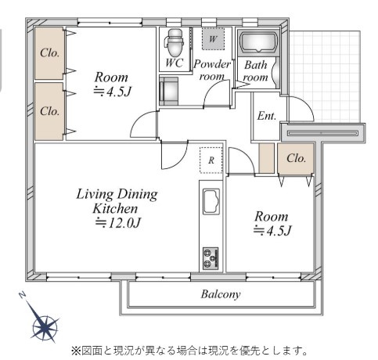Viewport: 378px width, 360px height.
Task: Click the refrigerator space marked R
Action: (x=211, y=160)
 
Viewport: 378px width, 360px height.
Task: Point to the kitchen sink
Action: (x=212, y=203)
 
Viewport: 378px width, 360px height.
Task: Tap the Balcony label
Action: (x=221, y=295)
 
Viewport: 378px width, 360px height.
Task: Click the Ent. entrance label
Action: (x=267, y=117)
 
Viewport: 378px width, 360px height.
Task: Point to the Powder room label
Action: (x=212, y=70)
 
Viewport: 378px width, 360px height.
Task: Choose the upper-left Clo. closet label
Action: (x=49, y=53)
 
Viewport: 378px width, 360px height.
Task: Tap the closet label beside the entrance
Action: (x=296, y=157)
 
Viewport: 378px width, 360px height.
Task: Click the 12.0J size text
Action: (x=117, y=223)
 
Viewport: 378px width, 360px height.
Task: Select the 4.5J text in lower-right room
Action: (x=272, y=230)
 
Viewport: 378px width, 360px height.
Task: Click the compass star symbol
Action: (x=45, y=325)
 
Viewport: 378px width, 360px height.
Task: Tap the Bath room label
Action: (x=254, y=71)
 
